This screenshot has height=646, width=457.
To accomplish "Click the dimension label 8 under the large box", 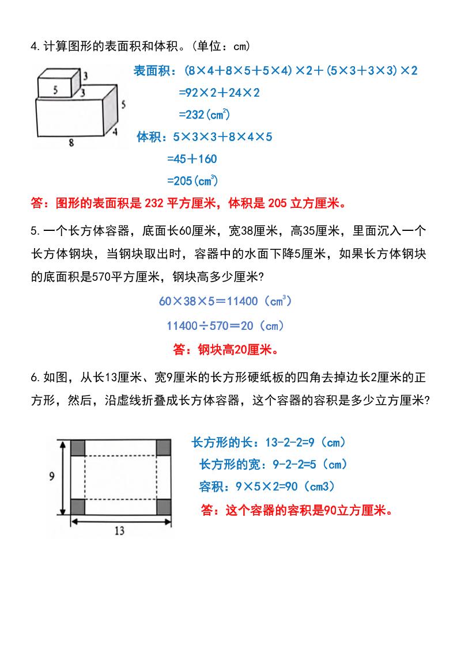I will [71, 143].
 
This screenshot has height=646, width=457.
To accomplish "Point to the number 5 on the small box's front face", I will [55, 89].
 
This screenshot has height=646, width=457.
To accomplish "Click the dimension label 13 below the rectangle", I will [119, 531].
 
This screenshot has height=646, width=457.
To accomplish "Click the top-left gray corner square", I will [78, 447].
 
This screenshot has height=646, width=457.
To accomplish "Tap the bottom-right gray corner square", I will [164, 507].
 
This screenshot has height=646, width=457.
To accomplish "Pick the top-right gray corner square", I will [164, 447].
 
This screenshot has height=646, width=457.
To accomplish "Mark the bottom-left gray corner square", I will [78, 507].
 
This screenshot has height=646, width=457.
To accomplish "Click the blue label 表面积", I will [152, 71].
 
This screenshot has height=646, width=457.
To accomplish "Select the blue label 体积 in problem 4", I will [149, 137].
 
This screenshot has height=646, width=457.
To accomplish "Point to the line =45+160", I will [192, 159].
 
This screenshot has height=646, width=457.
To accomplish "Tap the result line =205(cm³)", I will [192, 181].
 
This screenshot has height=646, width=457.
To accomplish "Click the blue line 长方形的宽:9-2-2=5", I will [273, 464].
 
